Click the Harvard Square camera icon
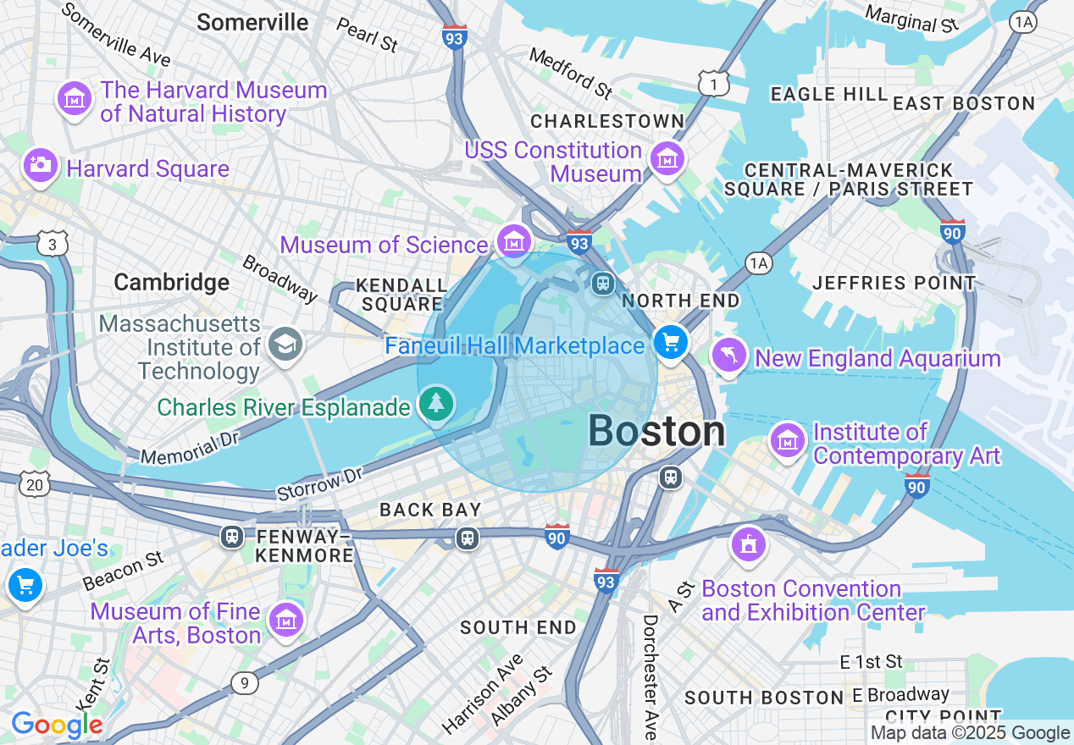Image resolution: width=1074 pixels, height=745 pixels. coord(40,165)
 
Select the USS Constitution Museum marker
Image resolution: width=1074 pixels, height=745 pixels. coord(667,158)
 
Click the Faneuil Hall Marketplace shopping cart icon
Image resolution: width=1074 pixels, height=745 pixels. coord(672,343)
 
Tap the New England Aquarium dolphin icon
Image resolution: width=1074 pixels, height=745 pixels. coord(730,355)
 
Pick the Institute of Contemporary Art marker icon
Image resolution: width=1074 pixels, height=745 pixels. coord(788,440)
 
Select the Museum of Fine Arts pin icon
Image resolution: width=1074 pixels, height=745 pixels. coord(286,620)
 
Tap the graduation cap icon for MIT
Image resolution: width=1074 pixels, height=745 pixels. coord(285,344)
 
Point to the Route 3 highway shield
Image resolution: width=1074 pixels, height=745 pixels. coord(53,245)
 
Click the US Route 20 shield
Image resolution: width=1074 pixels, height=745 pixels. coord(35,485)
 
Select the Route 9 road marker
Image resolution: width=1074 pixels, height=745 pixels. coord(244,683)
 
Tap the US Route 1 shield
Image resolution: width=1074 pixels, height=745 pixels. coord(714,83)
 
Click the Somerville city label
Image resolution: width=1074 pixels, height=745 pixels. coord(252,22)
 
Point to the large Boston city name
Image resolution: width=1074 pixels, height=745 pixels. coord(656,431)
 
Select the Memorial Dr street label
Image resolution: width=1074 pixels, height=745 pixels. coord(191,447)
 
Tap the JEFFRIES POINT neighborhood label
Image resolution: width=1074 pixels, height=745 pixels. coord(894,283)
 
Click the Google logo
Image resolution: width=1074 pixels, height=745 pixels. coord(57,725)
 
